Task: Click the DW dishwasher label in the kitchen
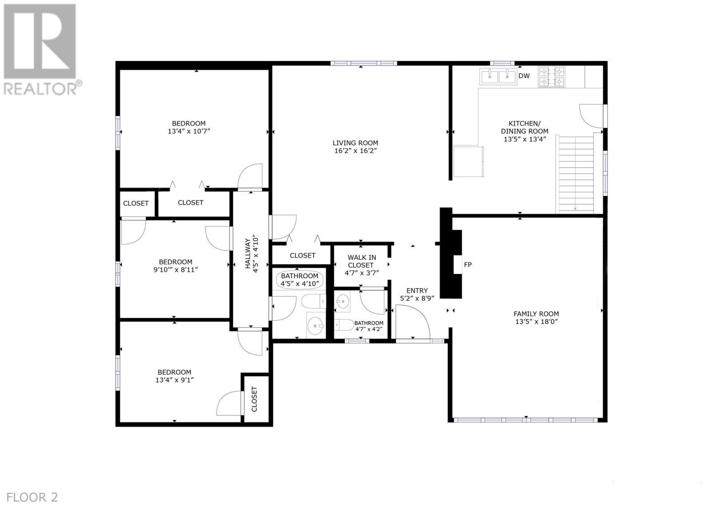tap(524, 76)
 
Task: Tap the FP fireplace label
tap(468, 265)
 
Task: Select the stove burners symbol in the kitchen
tap(551, 76)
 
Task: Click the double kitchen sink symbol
tap(498, 77)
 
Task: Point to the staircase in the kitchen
tap(575, 174)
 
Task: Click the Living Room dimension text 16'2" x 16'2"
tap(356, 151)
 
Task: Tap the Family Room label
tap(536, 314)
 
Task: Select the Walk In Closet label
tap(361, 261)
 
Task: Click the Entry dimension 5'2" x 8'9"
tap(417, 299)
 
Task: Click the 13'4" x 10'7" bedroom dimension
tap(189, 131)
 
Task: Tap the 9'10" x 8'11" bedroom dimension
tap(176, 270)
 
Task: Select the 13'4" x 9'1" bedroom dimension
tap(174, 380)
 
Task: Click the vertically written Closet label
tap(254, 399)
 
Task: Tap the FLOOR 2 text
tap(33, 497)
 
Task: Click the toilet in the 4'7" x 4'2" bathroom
tap(343, 325)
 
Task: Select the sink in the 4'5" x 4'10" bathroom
tap(315, 324)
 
